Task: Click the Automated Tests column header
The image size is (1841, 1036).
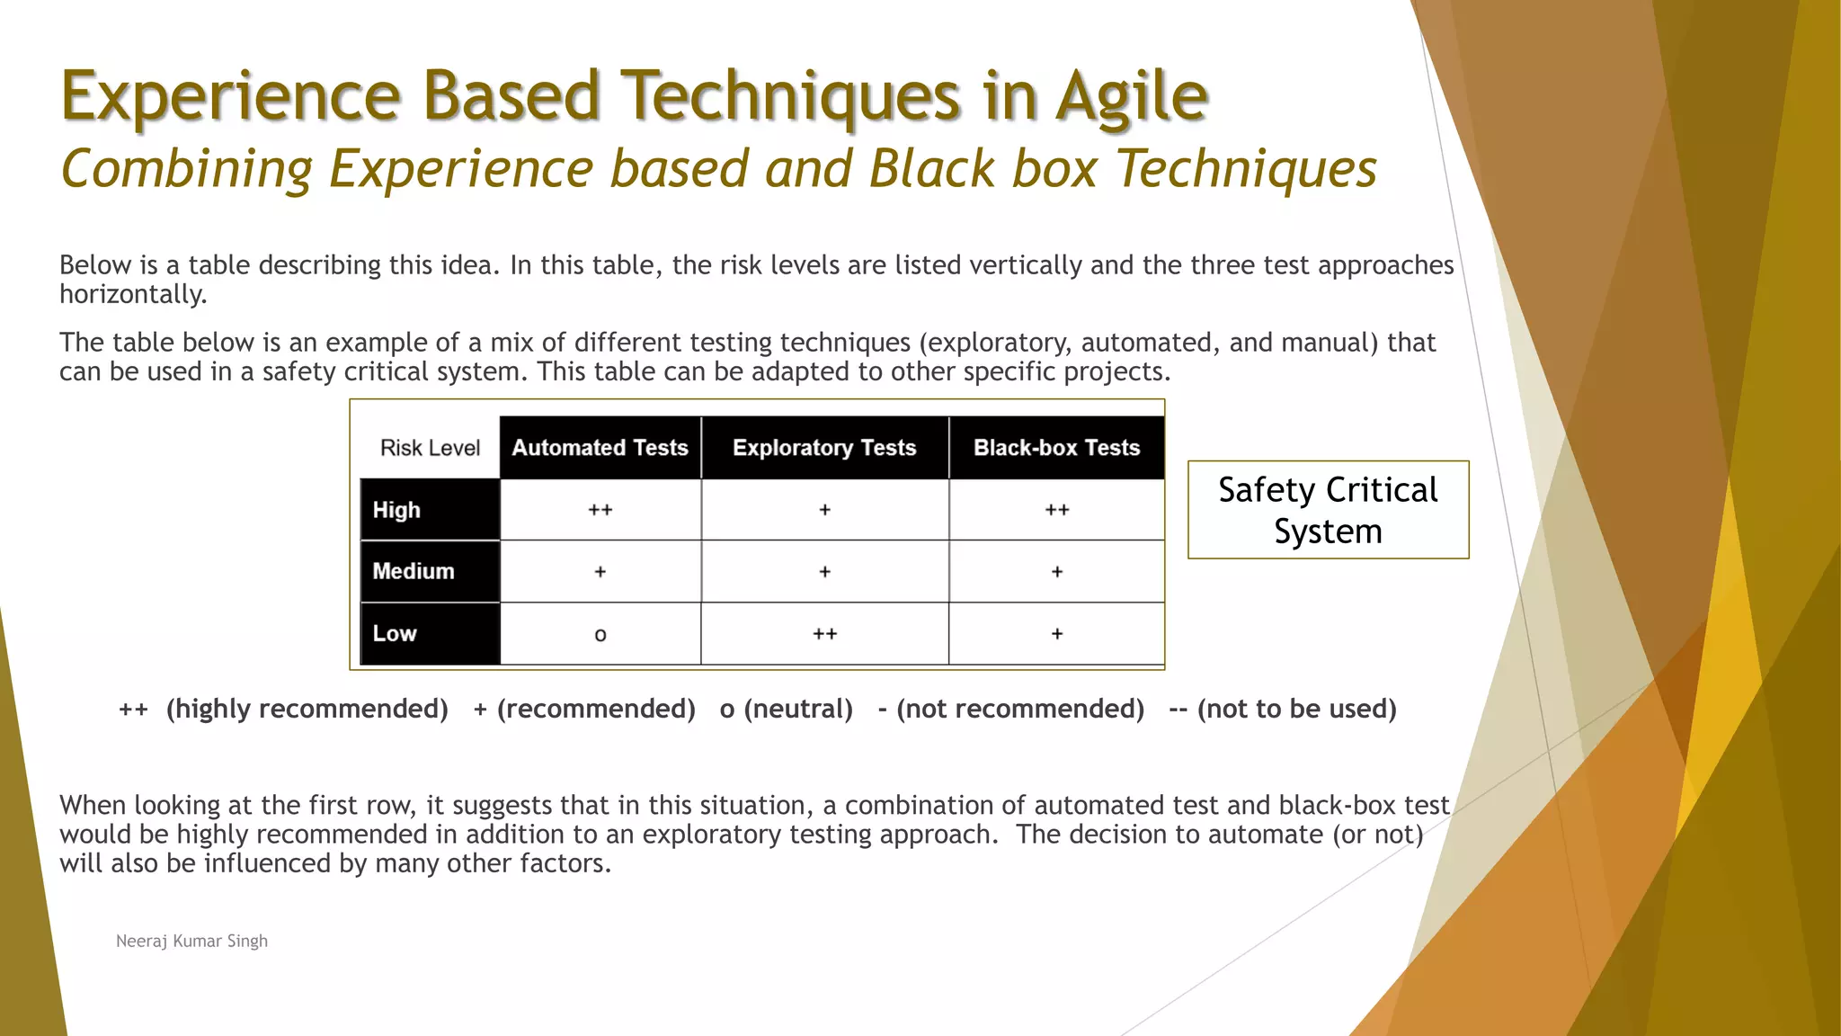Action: (600, 448)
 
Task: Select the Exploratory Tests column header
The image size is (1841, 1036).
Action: (824, 448)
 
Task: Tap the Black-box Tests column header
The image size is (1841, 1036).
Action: (1056, 448)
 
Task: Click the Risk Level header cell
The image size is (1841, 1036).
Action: (430, 448)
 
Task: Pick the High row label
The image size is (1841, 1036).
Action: (396, 510)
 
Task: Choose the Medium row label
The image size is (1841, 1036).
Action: (414, 571)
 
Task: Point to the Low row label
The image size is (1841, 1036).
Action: (395, 633)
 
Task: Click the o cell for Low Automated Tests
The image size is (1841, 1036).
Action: (600, 635)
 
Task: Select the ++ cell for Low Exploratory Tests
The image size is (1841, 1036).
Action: (824, 634)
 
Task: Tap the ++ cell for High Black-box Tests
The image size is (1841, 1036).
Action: (1057, 510)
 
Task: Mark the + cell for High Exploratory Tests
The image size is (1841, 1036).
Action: (824, 510)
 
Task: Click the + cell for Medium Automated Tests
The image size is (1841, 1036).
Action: (600, 572)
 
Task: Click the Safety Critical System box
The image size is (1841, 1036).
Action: (1328, 510)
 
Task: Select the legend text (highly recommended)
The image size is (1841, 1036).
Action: (307, 709)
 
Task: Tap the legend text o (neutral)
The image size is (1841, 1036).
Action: (786, 709)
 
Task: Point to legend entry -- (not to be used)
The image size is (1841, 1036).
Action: (1283, 709)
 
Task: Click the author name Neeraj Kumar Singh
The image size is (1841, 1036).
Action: (191, 941)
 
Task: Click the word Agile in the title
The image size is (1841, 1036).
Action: (1131, 95)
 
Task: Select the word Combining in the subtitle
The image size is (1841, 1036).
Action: (186, 169)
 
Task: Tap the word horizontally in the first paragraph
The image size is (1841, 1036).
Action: (133, 294)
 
